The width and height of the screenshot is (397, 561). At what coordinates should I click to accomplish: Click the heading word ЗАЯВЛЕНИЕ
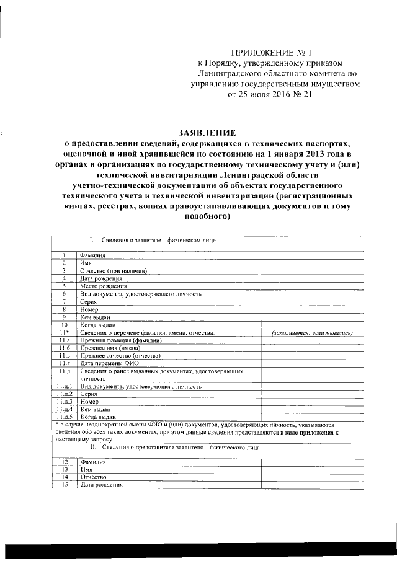(x=207, y=132)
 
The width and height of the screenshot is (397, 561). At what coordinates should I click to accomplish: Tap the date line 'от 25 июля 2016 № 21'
(x=269, y=96)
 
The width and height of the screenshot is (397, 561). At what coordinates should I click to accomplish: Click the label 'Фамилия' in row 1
(x=92, y=255)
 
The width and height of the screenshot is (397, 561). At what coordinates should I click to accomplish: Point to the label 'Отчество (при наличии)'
(x=112, y=270)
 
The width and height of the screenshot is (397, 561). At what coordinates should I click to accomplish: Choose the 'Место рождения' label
(x=103, y=286)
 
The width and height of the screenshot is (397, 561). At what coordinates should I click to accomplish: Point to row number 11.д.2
(x=63, y=394)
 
